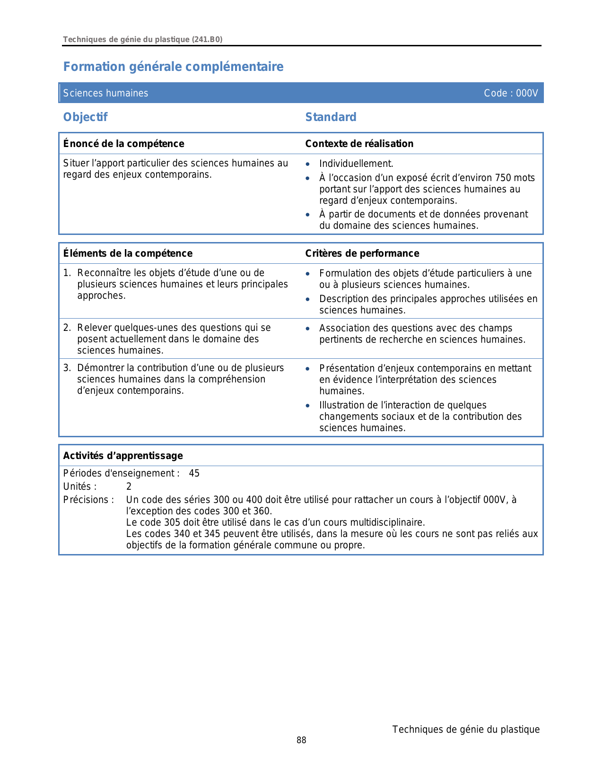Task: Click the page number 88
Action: (301, 740)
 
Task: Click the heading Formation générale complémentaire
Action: (173, 67)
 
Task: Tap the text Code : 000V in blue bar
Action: (511, 93)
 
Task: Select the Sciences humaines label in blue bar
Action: (105, 93)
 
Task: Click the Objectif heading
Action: (86, 117)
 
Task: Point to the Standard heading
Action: (331, 117)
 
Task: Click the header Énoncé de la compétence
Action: (124, 144)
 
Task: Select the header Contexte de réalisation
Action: (359, 144)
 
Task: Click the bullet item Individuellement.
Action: (356, 164)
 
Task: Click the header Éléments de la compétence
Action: (128, 253)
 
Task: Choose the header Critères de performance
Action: (362, 253)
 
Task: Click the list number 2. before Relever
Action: (67, 328)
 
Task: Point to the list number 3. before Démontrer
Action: (67, 368)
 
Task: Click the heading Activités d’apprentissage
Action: (123, 456)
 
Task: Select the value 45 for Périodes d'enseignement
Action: (194, 474)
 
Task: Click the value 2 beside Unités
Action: (129, 487)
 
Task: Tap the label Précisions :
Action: (88, 500)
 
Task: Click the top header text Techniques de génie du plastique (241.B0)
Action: (142, 40)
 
